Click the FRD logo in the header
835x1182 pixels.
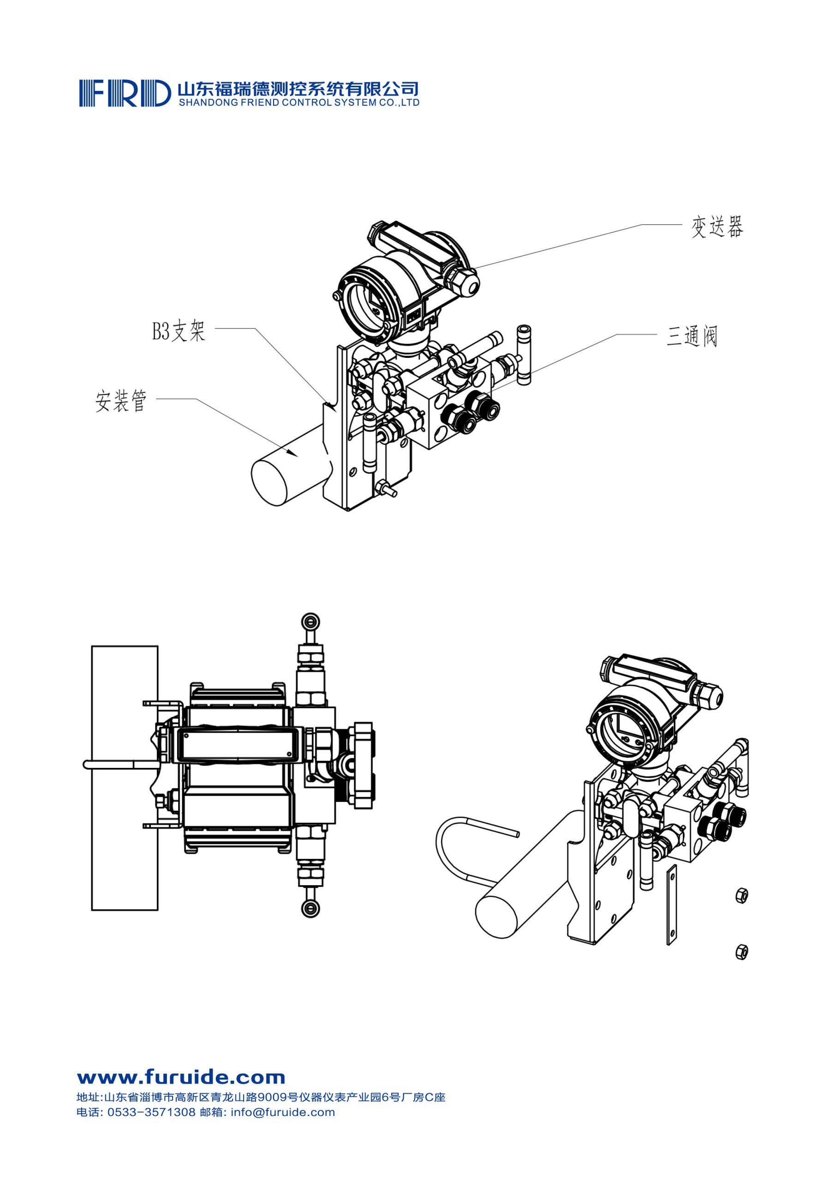point(125,93)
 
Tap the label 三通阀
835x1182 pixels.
point(692,337)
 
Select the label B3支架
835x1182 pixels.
point(179,331)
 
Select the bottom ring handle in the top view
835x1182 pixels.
point(311,908)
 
